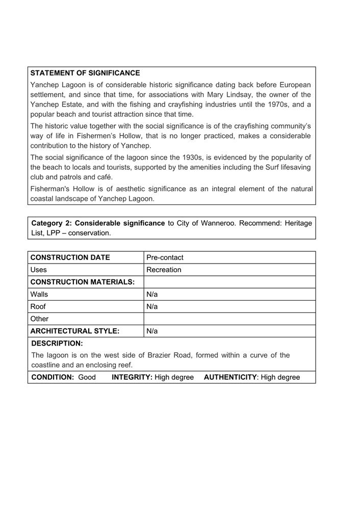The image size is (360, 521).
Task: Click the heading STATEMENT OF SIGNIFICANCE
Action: pyautogui.click(x=85, y=73)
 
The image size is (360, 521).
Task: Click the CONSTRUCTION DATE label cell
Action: pyautogui.click(x=70, y=257)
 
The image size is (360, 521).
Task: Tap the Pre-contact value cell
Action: pyautogui.click(x=165, y=257)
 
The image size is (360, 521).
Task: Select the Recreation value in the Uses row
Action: pyautogui.click(x=164, y=270)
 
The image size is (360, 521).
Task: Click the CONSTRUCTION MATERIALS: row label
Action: pyautogui.click(x=82, y=282)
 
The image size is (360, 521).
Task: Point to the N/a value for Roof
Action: pyautogui.click(x=152, y=306)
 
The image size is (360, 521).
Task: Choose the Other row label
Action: pyautogui.click(x=39, y=319)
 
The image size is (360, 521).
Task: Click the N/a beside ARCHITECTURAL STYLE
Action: pyautogui.click(x=152, y=331)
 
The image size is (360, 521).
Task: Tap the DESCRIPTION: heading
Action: pyautogui.click(x=57, y=344)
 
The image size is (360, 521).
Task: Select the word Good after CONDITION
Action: pyautogui.click(x=87, y=377)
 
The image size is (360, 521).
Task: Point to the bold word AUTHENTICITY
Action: pyautogui.click(x=230, y=377)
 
